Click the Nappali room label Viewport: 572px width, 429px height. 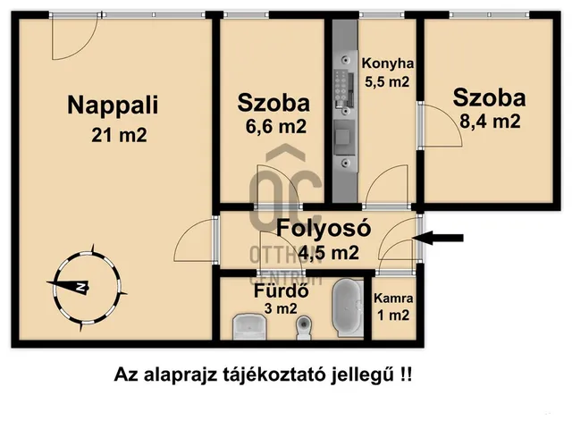tap(113, 105)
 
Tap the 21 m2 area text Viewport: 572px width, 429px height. tap(118, 135)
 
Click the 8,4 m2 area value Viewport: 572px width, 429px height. tap(488, 122)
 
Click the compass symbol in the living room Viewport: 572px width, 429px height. tap(81, 286)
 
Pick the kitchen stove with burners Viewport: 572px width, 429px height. tap(341, 90)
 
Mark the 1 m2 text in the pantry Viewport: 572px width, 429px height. tap(393, 315)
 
